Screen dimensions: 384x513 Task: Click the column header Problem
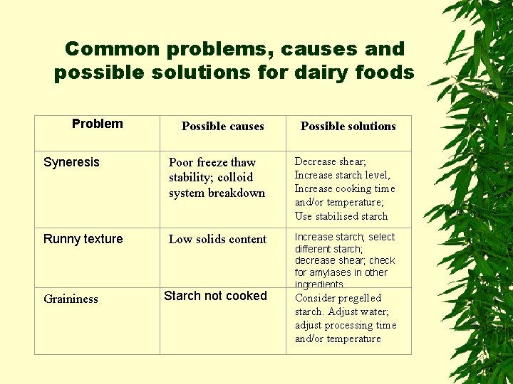click(x=97, y=124)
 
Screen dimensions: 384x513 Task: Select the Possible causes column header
click(x=222, y=127)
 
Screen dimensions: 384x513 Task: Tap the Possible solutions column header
click(x=348, y=127)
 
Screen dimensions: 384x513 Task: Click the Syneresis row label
click(x=71, y=162)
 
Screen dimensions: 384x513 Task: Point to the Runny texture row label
click(x=83, y=239)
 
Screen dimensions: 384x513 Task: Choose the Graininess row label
click(x=71, y=299)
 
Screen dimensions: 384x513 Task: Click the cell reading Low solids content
click(x=217, y=240)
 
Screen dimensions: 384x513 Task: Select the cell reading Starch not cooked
click(x=215, y=296)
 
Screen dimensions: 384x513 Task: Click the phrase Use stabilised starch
click(x=341, y=216)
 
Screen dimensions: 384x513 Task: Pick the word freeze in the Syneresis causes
click(x=212, y=162)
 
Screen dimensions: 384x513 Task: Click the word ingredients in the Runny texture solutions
click(x=318, y=284)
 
